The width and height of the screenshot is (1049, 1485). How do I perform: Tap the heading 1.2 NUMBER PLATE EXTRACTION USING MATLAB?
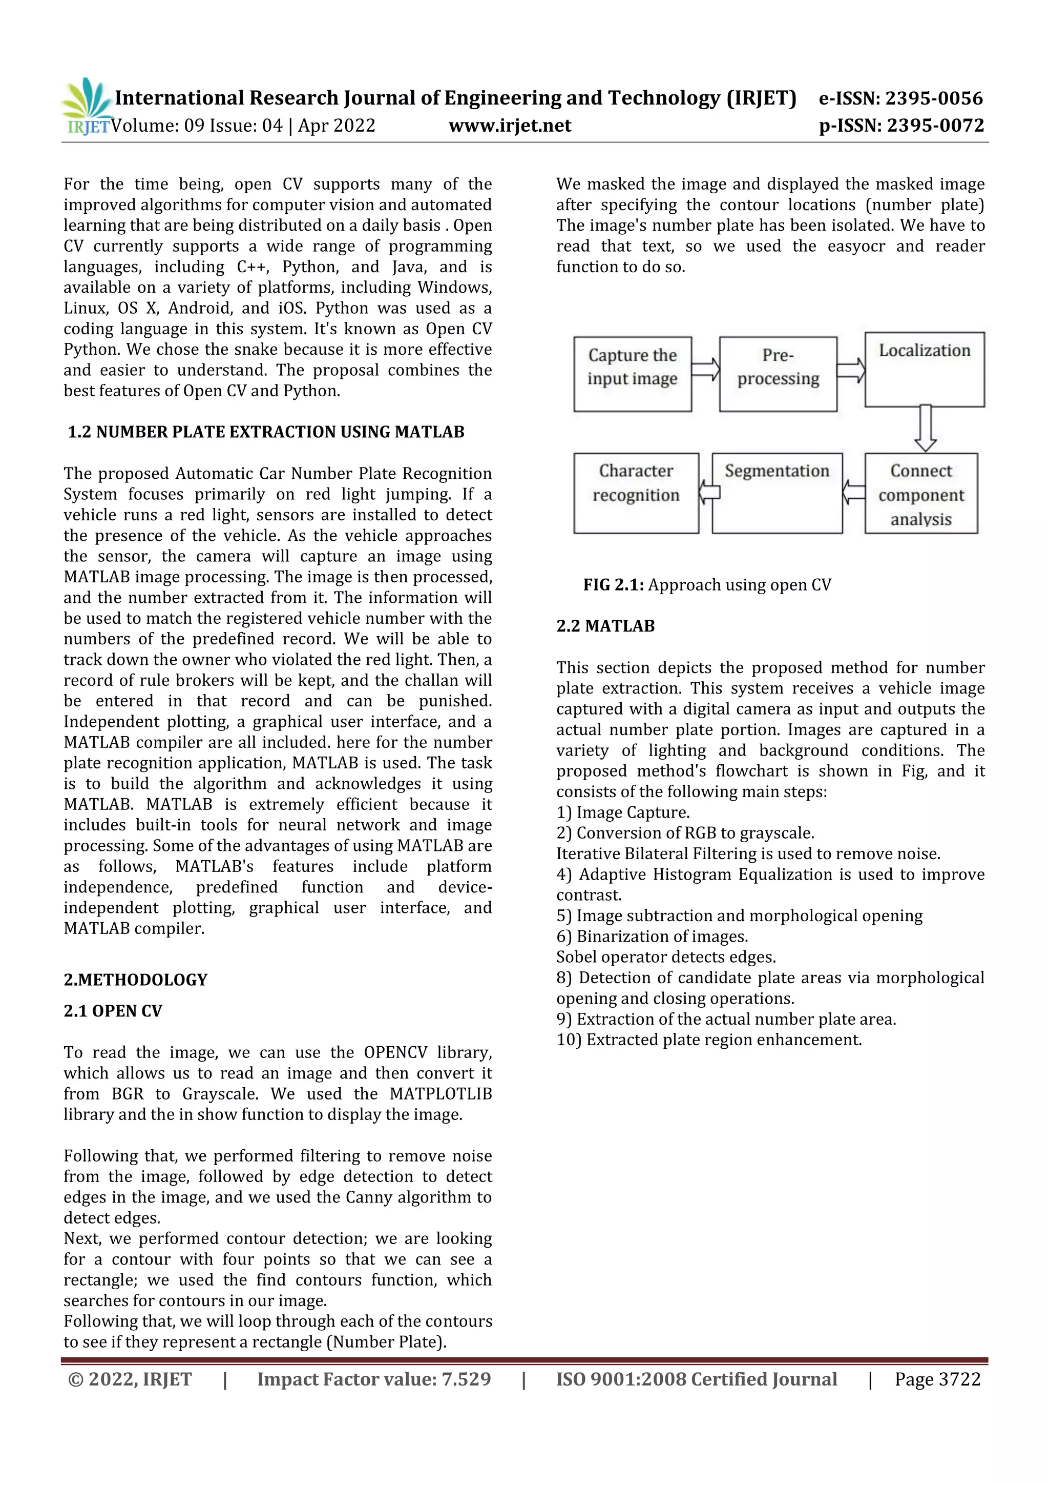(266, 432)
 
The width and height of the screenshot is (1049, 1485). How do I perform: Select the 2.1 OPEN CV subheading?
(113, 1010)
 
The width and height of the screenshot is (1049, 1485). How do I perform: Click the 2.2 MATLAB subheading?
(605, 625)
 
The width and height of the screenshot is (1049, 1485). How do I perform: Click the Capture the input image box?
(632, 374)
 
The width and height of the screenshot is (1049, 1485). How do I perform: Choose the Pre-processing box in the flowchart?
(778, 374)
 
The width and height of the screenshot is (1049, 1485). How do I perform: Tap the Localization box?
(924, 369)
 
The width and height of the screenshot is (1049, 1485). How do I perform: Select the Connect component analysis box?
(920, 494)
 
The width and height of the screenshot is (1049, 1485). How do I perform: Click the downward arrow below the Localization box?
(925, 428)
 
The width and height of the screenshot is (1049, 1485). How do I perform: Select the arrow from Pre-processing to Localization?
(851, 371)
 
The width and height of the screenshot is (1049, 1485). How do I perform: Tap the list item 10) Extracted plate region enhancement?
(708, 1040)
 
